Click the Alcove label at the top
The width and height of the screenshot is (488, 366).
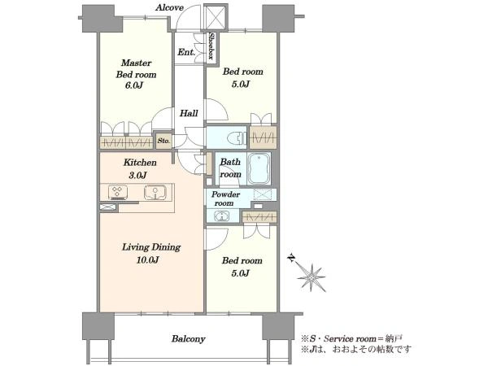(x=169, y=7)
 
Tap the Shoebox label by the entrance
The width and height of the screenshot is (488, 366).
(x=211, y=46)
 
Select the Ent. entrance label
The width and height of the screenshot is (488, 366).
(x=186, y=52)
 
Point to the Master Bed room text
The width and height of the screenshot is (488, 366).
(x=137, y=69)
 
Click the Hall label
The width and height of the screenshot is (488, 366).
(x=189, y=113)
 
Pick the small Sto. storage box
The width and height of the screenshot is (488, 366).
(x=163, y=141)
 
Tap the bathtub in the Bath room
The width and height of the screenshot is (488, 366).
(x=259, y=168)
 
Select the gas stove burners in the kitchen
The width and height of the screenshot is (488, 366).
(x=118, y=192)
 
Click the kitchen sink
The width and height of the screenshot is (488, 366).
(x=155, y=192)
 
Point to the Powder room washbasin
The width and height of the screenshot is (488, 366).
(x=221, y=216)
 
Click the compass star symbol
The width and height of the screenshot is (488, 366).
(x=311, y=277)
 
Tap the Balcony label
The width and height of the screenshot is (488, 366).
(x=189, y=338)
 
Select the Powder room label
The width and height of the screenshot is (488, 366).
(x=225, y=199)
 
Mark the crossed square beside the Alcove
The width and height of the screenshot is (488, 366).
(x=216, y=17)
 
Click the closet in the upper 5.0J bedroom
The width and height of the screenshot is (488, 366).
(x=264, y=137)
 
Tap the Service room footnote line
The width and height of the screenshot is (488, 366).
(x=351, y=338)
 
